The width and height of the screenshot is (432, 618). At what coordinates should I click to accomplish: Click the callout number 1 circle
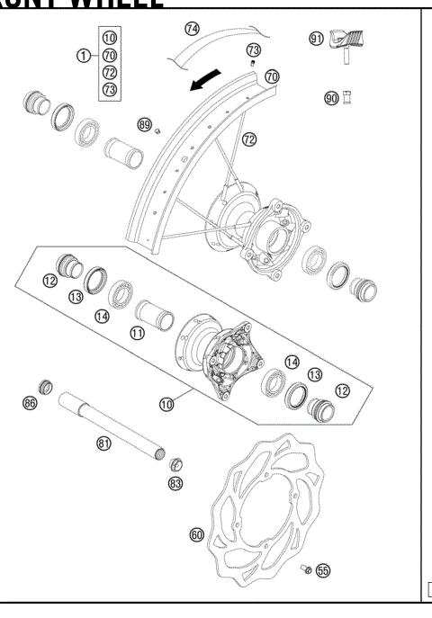(83, 56)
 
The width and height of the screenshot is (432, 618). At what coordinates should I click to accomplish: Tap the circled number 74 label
(192, 29)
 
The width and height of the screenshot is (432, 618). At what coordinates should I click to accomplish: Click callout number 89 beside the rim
(144, 123)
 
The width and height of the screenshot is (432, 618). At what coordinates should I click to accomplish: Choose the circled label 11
(138, 334)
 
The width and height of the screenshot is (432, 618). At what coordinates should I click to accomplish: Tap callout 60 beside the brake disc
(197, 534)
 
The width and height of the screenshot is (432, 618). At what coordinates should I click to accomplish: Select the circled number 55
(322, 570)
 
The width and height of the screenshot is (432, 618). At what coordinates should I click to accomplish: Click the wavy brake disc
(270, 504)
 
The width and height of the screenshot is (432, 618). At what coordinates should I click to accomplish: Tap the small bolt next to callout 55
(306, 569)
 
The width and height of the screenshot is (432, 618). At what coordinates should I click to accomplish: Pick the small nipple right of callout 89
(157, 130)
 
